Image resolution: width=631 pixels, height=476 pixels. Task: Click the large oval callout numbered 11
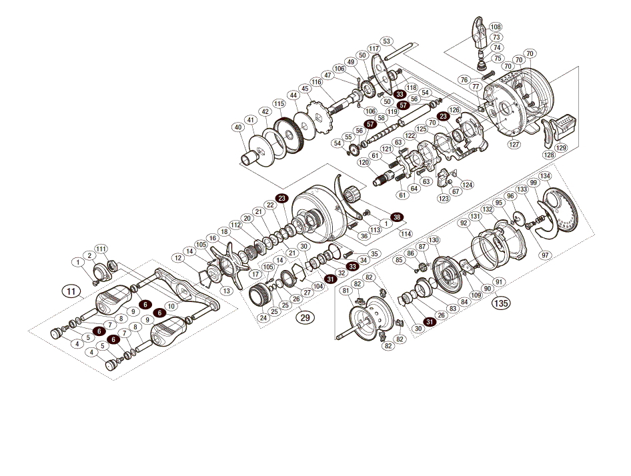(x=70, y=291)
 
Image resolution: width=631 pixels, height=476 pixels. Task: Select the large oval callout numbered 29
(x=305, y=317)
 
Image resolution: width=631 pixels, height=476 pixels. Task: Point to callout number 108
(x=495, y=27)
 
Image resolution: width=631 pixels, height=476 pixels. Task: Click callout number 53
(x=388, y=41)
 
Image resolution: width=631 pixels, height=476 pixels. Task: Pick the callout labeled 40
(x=237, y=127)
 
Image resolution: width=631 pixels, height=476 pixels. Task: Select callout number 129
(x=561, y=147)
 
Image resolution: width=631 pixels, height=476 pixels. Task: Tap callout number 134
(x=546, y=176)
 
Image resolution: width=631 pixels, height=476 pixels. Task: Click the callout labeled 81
(x=346, y=291)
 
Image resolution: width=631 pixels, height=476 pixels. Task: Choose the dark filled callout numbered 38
(x=398, y=217)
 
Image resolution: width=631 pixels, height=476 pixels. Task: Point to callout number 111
(x=101, y=249)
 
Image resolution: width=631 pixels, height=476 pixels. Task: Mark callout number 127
(x=514, y=143)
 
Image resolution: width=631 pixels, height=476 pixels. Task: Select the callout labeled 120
(x=364, y=163)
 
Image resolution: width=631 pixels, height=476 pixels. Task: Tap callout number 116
(x=316, y=82)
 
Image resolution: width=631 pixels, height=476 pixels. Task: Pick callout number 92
(x=463, y=224)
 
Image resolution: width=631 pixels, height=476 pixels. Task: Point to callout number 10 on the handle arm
(x=171, y=305)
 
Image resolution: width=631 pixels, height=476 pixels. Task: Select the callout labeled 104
(x=318, y=285)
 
